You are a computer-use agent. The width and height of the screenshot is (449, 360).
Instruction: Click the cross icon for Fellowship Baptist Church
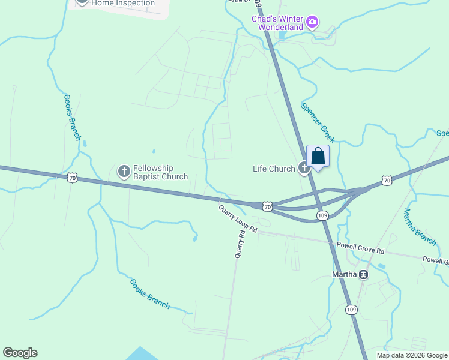point(124,172)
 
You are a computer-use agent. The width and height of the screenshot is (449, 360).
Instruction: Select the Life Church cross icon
point(304,169)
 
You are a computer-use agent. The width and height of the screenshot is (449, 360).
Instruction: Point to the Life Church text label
point(274,169)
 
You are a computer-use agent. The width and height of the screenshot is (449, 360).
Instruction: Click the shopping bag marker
point(318,157)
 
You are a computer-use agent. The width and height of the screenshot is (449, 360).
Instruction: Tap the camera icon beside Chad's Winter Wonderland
point(312,23)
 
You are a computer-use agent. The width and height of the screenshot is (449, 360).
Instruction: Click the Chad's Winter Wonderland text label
point(278,23)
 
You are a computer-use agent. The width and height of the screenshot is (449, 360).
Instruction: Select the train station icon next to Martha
point(363,275)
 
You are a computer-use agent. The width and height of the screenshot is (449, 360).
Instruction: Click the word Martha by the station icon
point(345,275)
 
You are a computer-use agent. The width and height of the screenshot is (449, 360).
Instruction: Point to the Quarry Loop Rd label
point(238,219)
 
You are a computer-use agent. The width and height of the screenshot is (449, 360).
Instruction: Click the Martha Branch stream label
point(420,226)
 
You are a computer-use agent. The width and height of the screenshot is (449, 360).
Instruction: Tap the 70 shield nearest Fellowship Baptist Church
point(72,178)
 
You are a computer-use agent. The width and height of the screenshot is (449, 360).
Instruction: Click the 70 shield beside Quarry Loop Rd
point(267,206)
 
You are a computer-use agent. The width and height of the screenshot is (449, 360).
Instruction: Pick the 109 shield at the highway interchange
point(322,215)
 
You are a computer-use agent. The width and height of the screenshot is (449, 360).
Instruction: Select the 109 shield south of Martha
point(351,309)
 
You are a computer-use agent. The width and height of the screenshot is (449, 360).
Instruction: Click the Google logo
point(20,353)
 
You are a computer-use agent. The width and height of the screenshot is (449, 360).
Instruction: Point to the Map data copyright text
point(411,356)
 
